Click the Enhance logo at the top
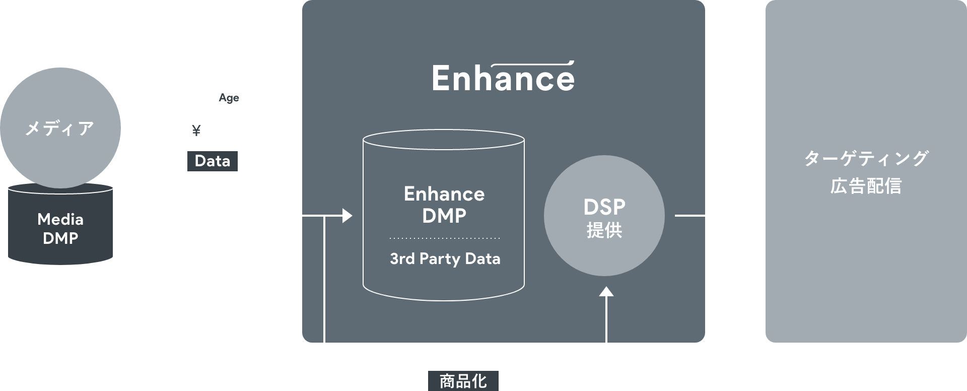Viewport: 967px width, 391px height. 503,78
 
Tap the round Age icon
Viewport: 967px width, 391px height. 229,98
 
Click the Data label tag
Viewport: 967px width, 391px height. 212,161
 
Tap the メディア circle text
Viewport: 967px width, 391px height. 60,128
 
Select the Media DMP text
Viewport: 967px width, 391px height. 60,229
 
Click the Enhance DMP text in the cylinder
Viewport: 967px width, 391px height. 444,205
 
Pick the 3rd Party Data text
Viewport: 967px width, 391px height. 445,259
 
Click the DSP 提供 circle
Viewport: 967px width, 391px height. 604,216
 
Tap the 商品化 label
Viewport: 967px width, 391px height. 463,381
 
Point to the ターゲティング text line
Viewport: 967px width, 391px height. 866,159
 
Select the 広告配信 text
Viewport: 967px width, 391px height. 866,186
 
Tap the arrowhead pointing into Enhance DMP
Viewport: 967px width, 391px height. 347,216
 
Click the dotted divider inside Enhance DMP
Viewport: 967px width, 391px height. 444,238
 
